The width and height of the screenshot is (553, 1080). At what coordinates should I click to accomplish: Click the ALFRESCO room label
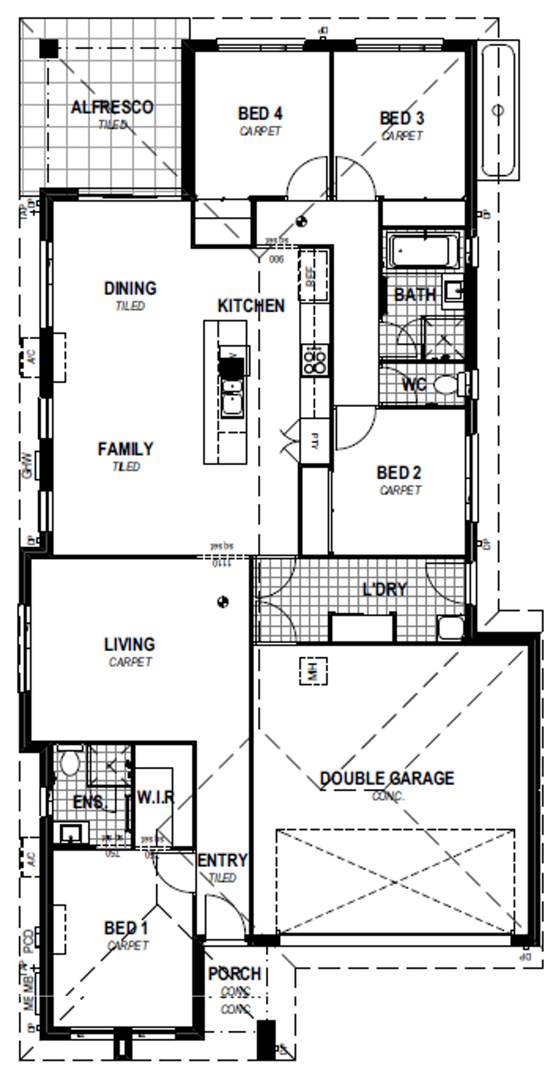112,107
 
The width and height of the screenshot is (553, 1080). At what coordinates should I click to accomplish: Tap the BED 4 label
260,114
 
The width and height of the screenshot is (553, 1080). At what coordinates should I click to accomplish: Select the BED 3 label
402,119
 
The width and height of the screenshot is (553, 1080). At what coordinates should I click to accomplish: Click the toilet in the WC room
446,385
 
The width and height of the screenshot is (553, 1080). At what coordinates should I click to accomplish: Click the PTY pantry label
315,441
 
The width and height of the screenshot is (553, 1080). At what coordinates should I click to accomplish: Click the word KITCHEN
251,305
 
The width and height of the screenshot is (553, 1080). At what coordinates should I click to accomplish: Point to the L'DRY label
384,589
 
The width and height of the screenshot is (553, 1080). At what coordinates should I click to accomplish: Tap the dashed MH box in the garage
312,671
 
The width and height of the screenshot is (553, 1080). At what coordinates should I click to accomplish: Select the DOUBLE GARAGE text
387,778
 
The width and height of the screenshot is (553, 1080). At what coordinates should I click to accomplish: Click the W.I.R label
156,797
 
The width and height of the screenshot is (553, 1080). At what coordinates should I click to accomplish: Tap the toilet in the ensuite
69,763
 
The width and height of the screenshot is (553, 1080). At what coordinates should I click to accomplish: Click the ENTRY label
222,860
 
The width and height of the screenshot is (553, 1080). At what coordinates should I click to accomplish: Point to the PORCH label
234,974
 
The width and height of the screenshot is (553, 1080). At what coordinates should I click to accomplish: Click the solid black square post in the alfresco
48,48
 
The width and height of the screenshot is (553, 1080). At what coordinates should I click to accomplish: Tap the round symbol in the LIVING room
223,602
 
